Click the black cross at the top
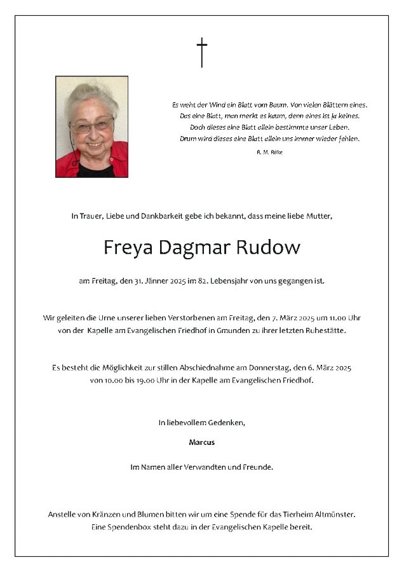tap(201, 52)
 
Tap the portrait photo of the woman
tap(91, 126)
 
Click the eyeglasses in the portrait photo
tap(91, 125)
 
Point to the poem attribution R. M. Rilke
tap(269, 152)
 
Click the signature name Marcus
tap(201, 442)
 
